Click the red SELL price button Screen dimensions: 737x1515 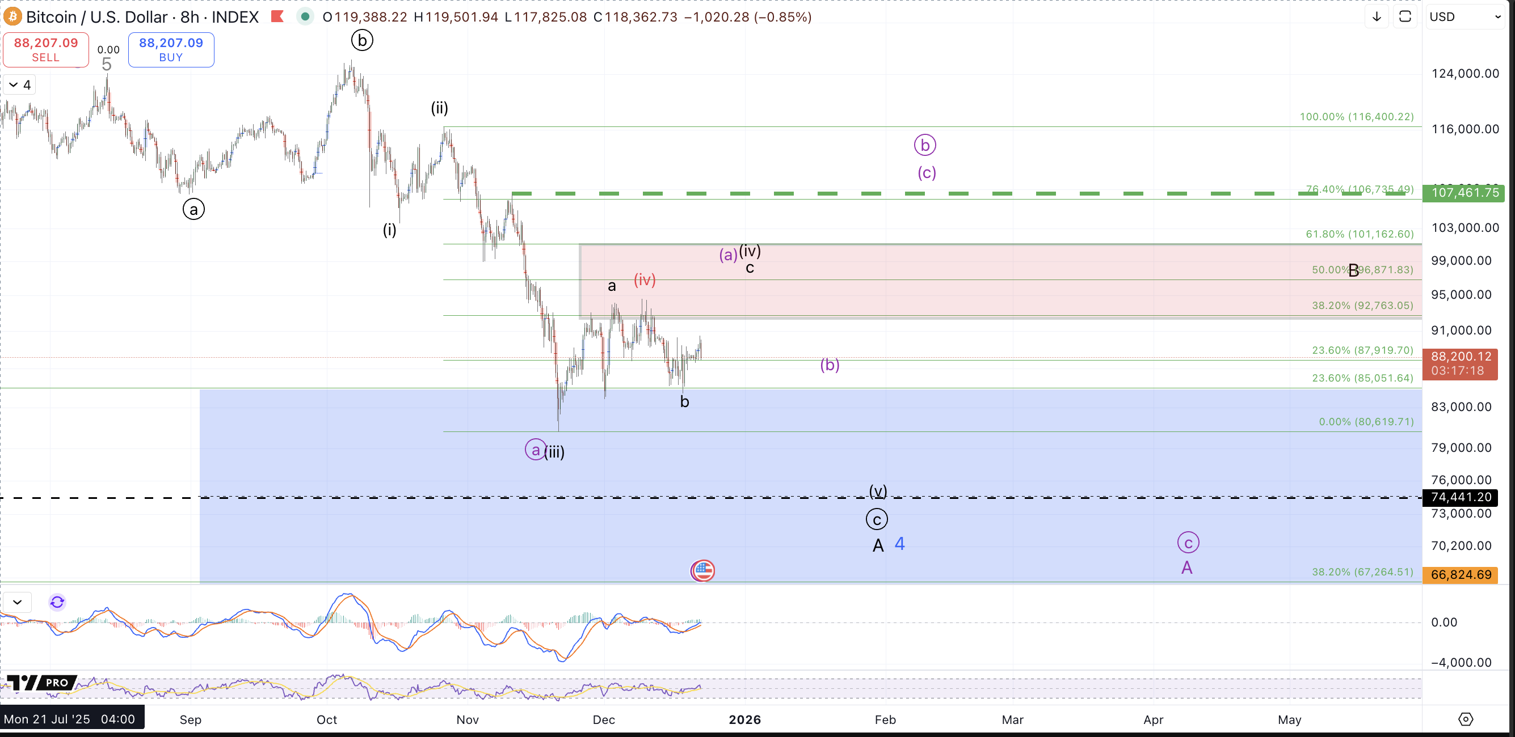point(46,49)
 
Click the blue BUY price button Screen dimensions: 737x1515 point(171,49)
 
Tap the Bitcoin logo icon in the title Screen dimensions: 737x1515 point(12,16)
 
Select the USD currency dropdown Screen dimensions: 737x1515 point(1465,16)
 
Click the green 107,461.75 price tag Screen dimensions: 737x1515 point(1463,193)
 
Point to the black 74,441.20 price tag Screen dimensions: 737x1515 point(1461,497)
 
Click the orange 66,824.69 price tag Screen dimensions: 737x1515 point(1461,574)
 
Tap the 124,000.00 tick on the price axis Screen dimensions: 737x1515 point(1465,74)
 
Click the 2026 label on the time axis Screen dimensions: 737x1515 point(744,719)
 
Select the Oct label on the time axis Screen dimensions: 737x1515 point(327,719)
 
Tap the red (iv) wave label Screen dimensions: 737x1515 point(645,279)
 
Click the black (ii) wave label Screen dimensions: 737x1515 point(439,108)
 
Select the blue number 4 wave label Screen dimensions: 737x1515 point(899,544)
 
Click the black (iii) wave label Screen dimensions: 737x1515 point(554,452)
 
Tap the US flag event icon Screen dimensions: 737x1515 point(702,570)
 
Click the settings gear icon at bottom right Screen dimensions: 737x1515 point(1465,719)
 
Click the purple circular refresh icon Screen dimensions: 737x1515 point(57,602)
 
